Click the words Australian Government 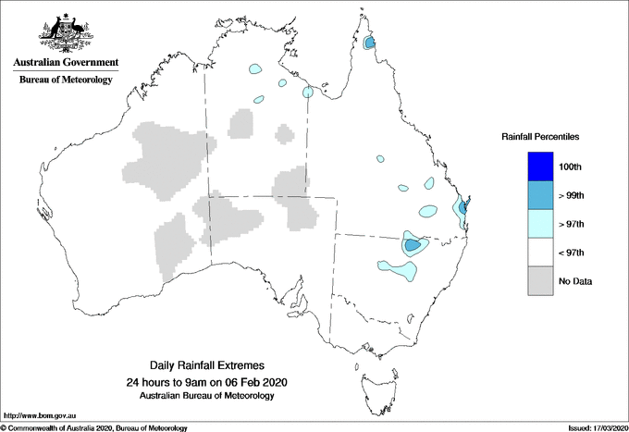[65, 63]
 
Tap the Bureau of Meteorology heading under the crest [66, 80]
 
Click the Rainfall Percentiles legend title [540, 137]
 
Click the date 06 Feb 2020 [251, 382]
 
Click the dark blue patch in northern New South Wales [412, 245]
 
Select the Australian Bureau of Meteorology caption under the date [206, 396]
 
